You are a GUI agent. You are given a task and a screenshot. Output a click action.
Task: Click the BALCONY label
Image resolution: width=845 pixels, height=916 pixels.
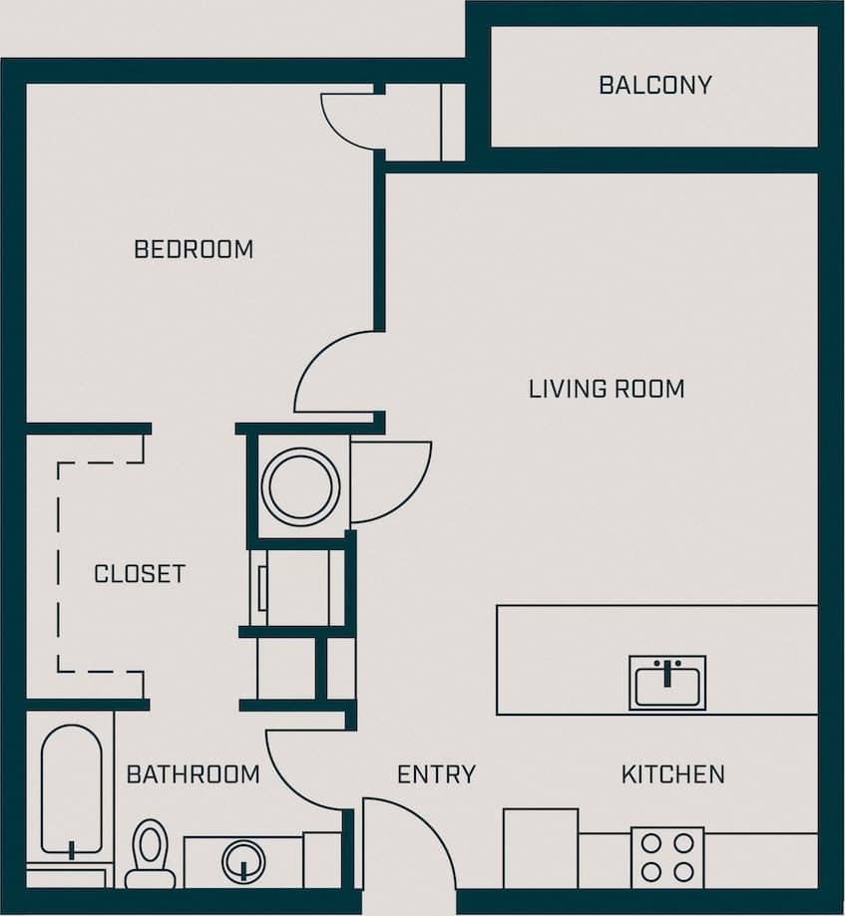(654, 85)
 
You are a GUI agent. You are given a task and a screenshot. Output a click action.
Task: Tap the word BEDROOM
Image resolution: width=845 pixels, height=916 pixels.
(194, 249)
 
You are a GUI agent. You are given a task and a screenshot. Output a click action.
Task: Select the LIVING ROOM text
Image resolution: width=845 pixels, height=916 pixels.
(607, 389)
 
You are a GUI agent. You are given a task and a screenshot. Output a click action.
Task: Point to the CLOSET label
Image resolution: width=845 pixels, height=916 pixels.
(140, 574)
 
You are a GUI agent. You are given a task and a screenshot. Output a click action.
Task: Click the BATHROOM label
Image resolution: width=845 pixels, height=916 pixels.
(193, 774)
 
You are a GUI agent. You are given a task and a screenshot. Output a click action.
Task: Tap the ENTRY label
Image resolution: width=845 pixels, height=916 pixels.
(436, 774)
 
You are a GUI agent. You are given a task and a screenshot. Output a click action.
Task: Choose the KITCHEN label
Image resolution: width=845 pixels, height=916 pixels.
(672, 774)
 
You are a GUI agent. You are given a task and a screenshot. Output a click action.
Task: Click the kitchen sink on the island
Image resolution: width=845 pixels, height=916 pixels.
(666, 682)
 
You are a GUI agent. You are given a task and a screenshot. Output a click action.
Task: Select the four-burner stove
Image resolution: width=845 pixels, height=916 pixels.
(666, 857)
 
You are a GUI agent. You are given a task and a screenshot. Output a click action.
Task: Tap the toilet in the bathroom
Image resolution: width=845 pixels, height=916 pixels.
(151, 852)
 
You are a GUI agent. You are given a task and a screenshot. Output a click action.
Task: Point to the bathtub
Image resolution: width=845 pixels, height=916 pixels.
(71, 792)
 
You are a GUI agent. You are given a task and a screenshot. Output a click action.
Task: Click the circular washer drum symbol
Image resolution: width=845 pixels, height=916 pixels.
(300, 486)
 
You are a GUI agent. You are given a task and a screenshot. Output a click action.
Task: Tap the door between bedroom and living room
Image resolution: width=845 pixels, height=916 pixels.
(334, 374)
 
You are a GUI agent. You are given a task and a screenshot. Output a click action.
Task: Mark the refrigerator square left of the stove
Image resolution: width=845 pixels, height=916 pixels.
(540, 847)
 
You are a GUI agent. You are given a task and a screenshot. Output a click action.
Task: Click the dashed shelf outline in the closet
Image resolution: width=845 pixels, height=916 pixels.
(60, 568)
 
